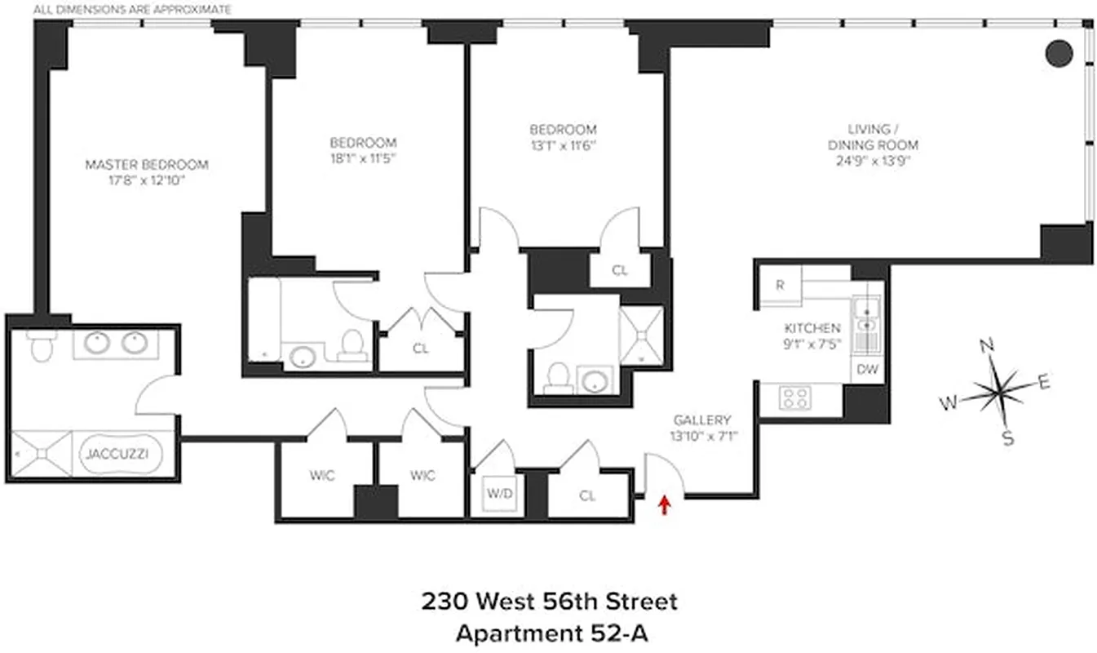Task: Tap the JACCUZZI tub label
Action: point(119,453)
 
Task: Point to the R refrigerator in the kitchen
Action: point(781,286)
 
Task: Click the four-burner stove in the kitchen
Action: point(796,398)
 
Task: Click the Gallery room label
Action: point(701,420)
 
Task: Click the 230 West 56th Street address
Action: point(549,602)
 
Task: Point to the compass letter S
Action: point(1008,438)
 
